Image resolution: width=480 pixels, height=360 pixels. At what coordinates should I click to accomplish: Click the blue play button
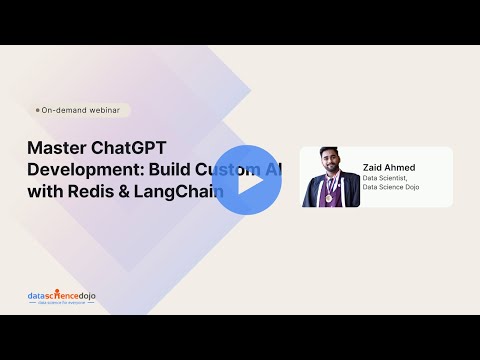point(247,180)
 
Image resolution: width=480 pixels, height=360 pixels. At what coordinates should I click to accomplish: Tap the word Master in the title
point(53,147)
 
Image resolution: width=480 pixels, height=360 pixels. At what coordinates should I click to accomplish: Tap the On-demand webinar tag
point(82,110)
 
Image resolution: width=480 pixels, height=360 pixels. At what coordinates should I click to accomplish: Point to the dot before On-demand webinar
point(38,110)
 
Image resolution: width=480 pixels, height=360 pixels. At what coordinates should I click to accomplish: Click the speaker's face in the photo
point(331,160)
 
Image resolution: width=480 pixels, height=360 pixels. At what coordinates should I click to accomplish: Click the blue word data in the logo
point(37,296)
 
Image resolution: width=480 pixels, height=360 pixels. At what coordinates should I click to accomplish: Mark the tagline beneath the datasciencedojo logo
point(61,303)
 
